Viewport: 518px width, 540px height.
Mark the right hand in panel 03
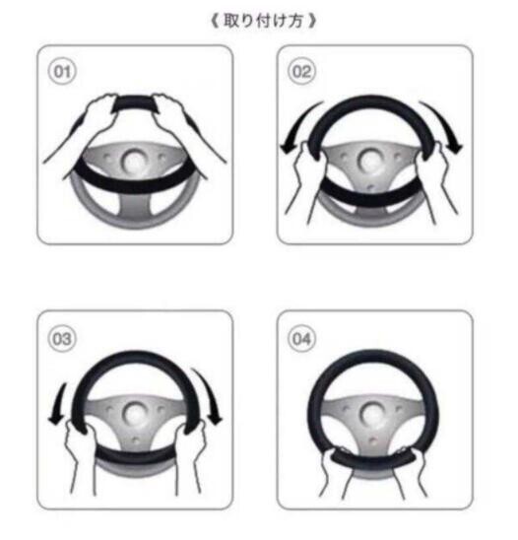point(193,449)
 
